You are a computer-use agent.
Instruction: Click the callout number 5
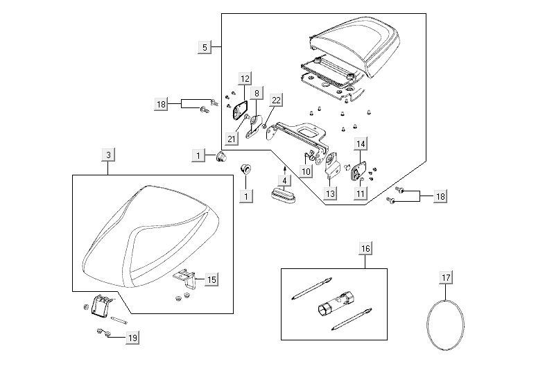(204, 47)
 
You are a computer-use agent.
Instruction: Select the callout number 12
(245, 79)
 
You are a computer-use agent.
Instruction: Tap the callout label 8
(257, 93)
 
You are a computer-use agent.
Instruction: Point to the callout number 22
(276, 101)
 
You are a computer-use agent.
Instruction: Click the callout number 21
(232, 139)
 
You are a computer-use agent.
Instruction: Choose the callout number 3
(108, 155)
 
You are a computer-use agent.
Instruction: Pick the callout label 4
(283, 180)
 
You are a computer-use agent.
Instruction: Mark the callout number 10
(306, 171)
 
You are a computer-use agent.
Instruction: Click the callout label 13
(330, 194)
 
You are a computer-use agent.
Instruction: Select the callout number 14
(361, 144)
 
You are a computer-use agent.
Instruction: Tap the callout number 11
(361, 194)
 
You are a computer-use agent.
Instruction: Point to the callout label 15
(211, 279)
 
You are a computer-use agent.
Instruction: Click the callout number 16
(365, 248)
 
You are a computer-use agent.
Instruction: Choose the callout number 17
(447, 279)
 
